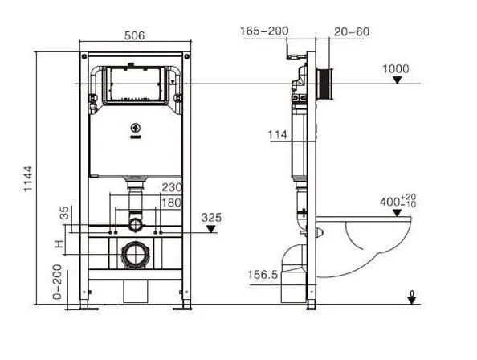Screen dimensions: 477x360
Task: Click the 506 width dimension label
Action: pyautogui.click(x=134, y=35)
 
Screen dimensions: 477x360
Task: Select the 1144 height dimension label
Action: pyautogui.click(x=28, y=179)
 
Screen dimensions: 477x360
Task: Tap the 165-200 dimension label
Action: pyautogui.click(x=264, y=31)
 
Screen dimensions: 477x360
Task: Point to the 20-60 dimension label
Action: pyautogui.click(x=352, y=31)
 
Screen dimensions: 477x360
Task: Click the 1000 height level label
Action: pyautogui.click(x=395, y=69)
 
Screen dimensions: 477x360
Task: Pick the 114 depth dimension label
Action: pyautogui.click(x=278, y=134)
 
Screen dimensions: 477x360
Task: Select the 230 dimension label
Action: pyautogui.click(x=172, y=187)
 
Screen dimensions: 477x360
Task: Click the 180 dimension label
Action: pyautogui.click(x=171, y=202)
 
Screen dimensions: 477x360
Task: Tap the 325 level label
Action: pyautogui.click(x=211, y=218)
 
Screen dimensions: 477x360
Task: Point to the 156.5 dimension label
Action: pyautogui.click(x=263, y=275)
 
